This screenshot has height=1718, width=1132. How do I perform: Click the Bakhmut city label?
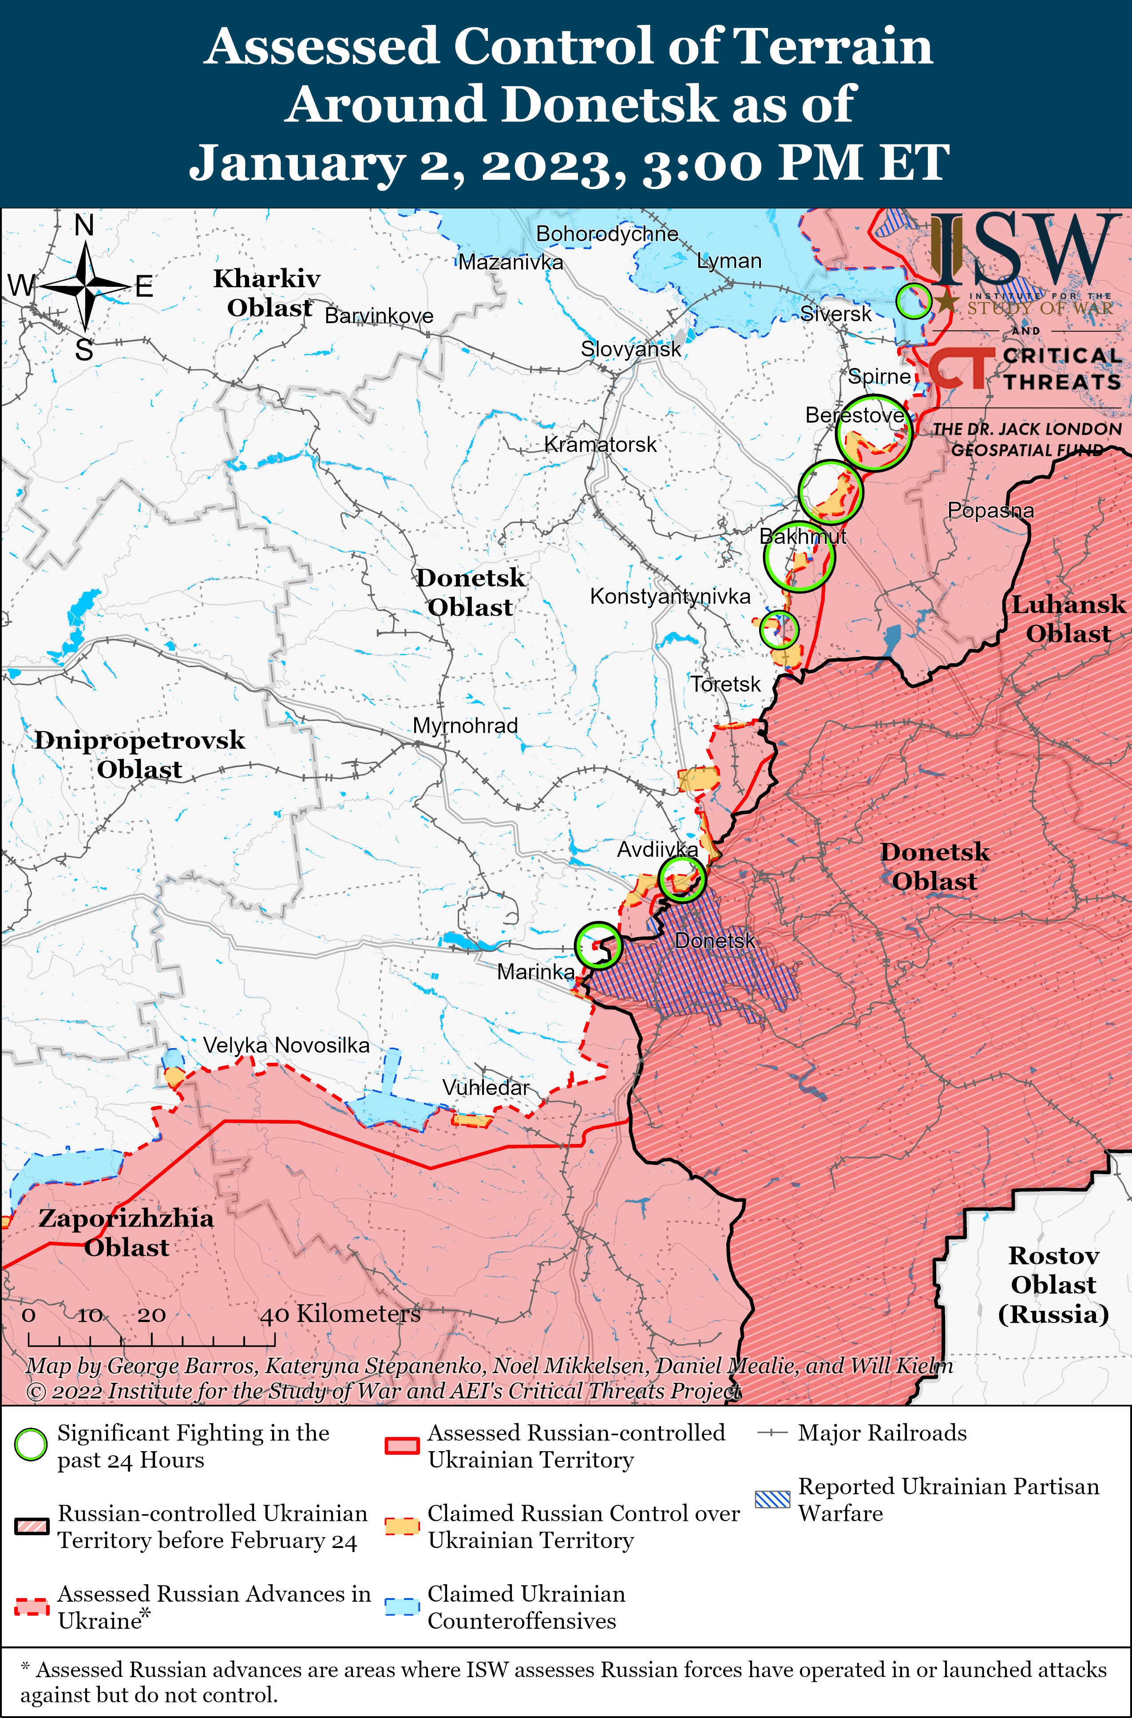[802, 536]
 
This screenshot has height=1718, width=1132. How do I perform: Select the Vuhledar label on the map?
[485, 1087]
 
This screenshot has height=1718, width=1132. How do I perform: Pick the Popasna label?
[990, 511]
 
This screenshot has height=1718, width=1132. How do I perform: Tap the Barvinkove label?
[379, 316]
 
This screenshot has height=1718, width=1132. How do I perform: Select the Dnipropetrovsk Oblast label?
[139, 754]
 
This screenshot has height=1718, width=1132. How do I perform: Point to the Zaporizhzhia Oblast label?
[127, 1232]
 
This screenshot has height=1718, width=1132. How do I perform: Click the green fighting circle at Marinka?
[598, 946]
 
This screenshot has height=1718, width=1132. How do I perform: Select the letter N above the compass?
[84, 226]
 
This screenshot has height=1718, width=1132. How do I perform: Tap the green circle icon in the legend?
[31, 1445]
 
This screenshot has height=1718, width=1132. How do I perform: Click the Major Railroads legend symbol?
[772, 1433]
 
